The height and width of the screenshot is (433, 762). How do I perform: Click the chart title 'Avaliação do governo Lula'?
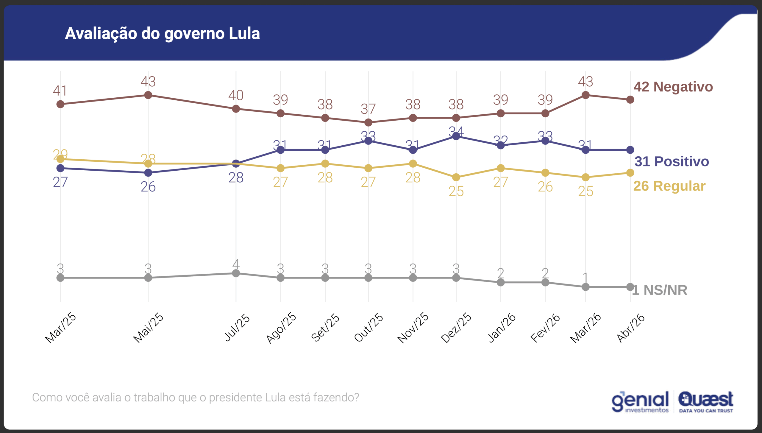pos(162,33)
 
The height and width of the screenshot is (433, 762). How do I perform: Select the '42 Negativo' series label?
pos(673,87)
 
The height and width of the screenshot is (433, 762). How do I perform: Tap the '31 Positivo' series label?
pos(672,161)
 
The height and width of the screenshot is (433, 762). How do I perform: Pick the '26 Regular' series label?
pos(669,186)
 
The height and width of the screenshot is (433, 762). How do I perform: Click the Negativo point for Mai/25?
pos(148,95)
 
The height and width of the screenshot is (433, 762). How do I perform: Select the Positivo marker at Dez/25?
pos(456,136)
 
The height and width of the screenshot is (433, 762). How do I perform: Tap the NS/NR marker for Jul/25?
pos(236,273)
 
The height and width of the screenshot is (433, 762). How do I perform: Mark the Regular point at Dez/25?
pos(456,177)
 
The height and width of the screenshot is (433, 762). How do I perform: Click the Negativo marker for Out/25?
pos(368,122)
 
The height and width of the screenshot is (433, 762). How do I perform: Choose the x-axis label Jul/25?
pos(237,328)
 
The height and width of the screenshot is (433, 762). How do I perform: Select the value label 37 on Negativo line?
pos(368,109)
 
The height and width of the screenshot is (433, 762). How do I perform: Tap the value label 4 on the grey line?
pos(236,264)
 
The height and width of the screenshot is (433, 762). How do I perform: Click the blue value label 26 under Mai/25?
pos(148,187)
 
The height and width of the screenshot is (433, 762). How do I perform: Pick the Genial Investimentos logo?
pos(640,402)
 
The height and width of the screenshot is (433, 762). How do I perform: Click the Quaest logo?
pos(705,402)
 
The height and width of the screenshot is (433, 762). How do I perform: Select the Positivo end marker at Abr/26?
pos(630,150)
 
